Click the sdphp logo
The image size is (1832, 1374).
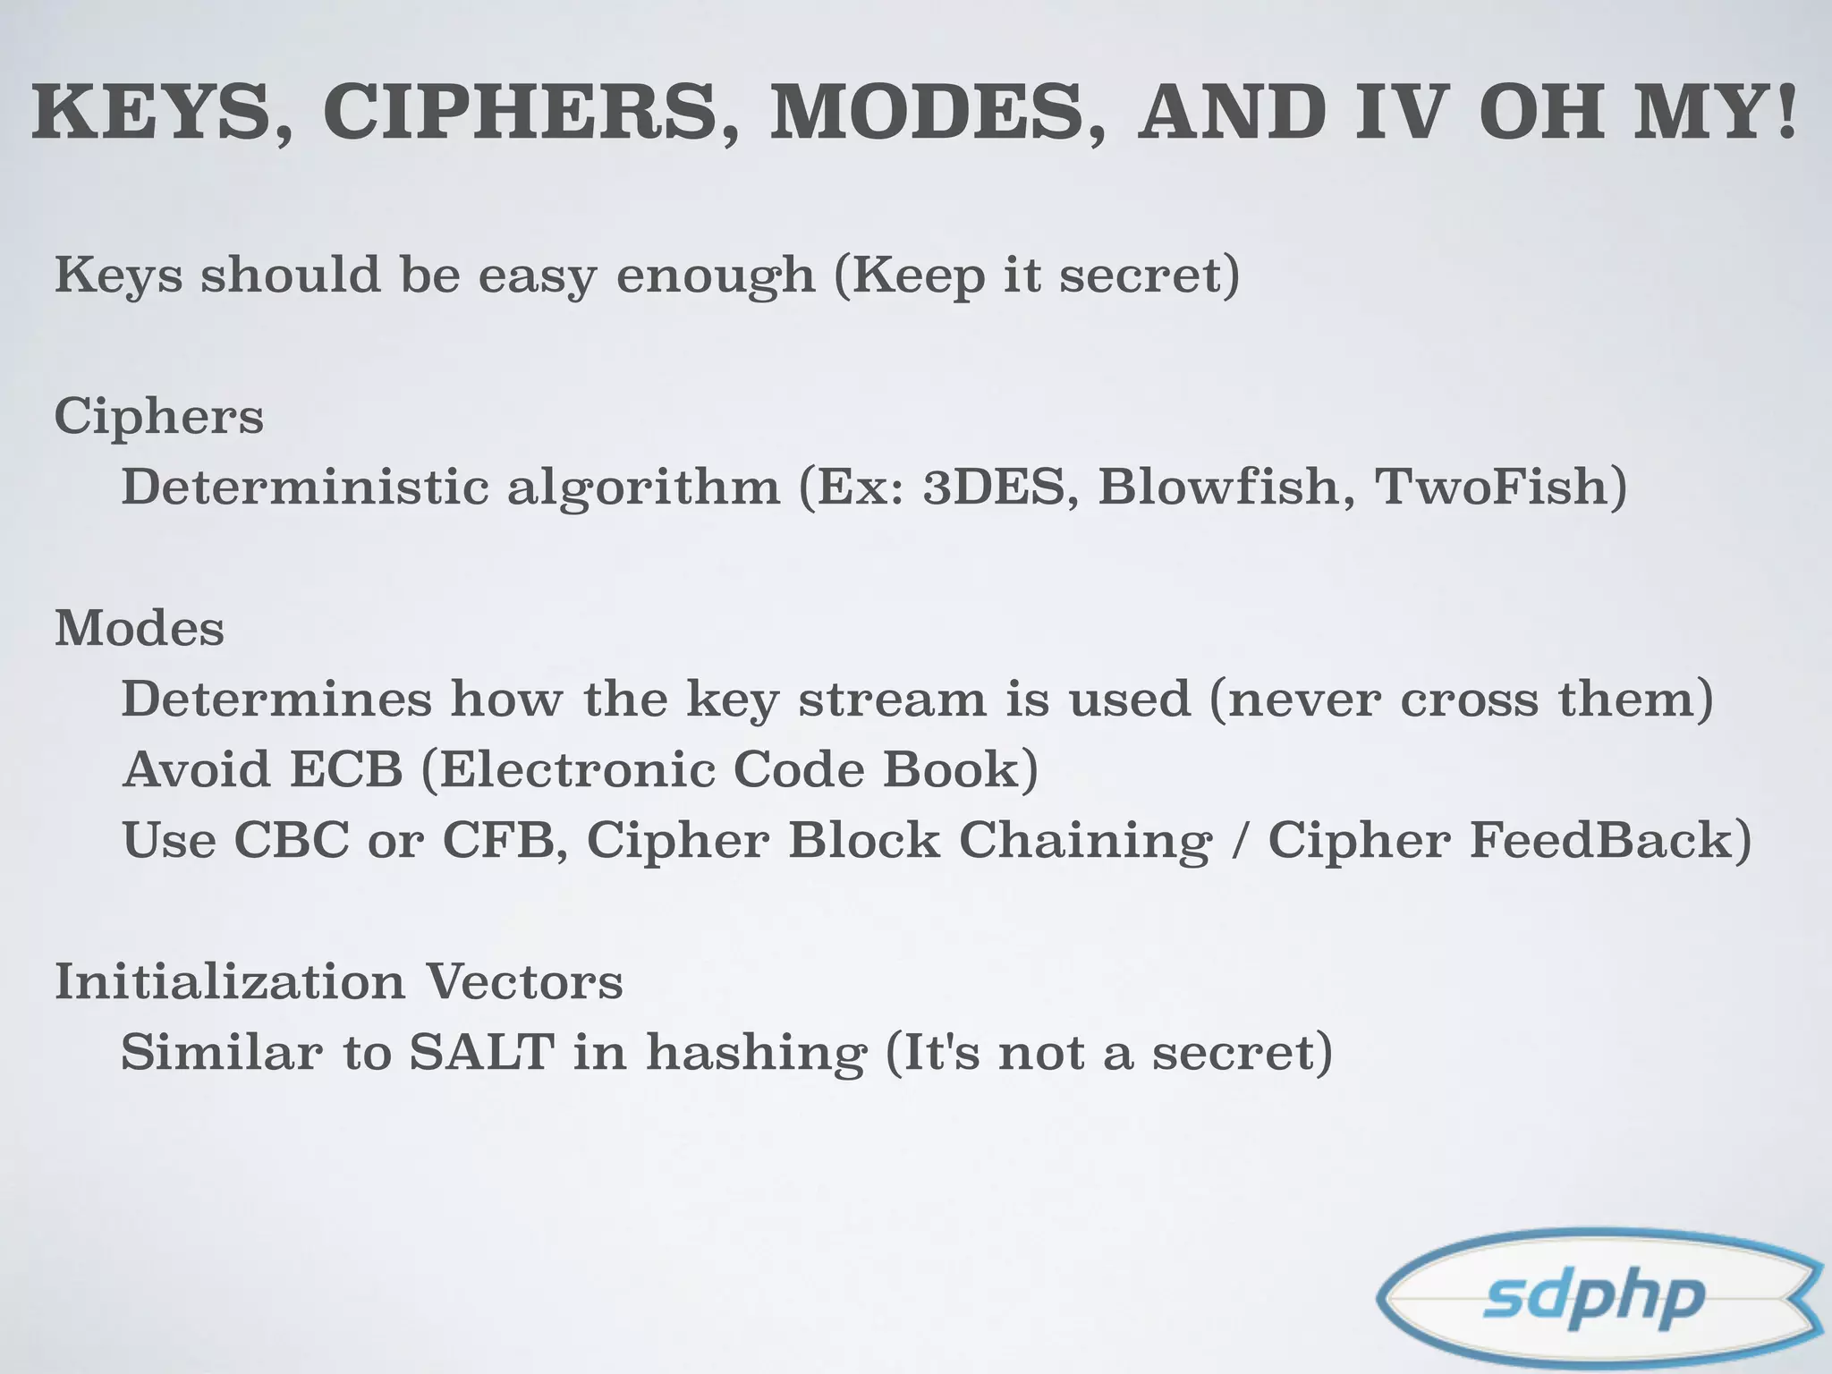[x=1598, y=1298]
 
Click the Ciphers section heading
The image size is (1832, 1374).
[x=159, y=417]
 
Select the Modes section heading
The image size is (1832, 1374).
[x=140, y=629]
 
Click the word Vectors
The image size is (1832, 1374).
[x=523, y=982]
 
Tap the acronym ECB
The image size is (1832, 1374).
[x=346, y=769]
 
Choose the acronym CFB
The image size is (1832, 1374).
[x=505, y=841]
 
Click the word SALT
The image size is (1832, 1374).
[x=481, y=1052]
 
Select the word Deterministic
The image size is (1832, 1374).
[x=305, y=487]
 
